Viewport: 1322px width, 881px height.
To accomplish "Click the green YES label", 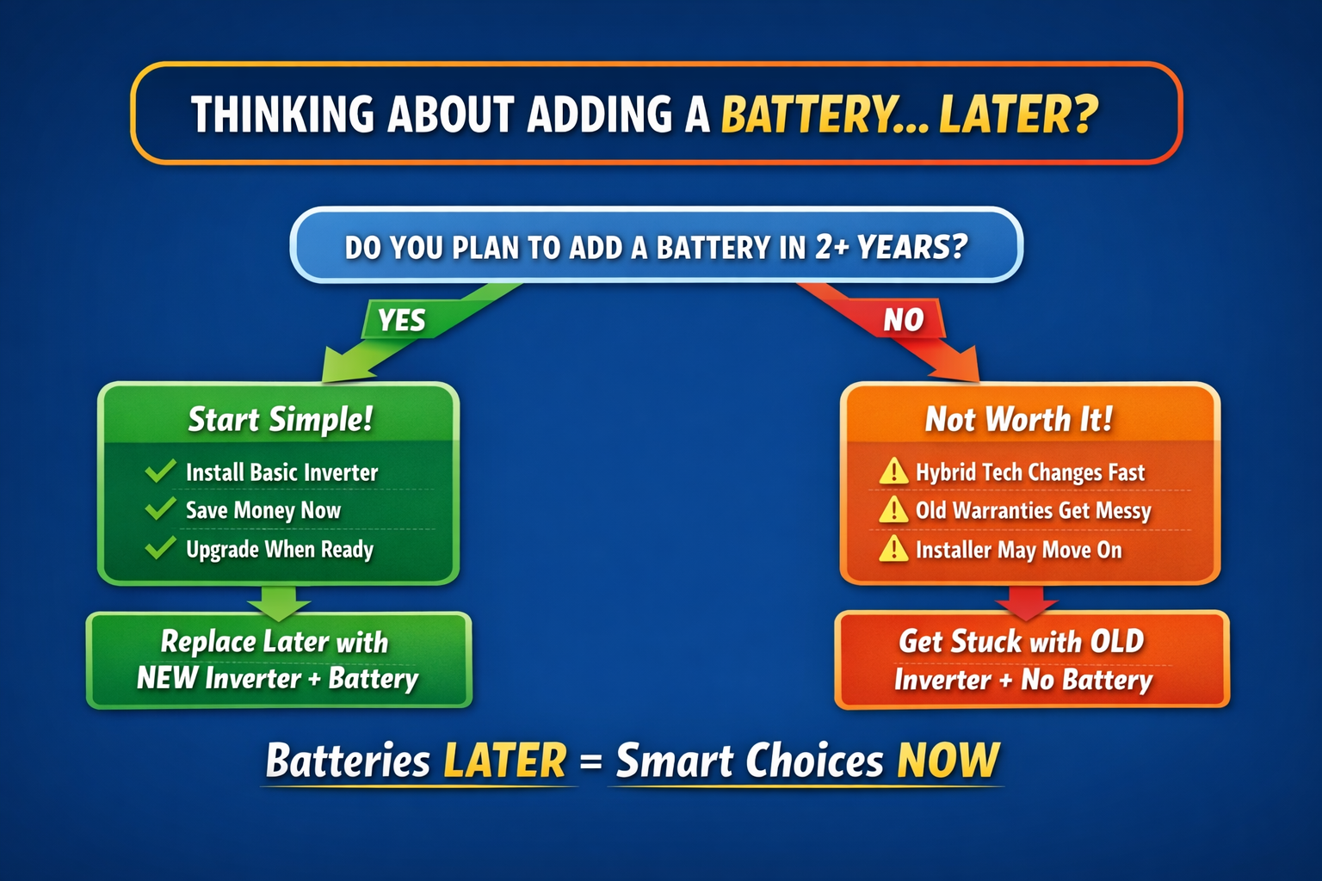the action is coord(402,320).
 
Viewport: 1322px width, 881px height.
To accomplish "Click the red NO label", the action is coord(904,320).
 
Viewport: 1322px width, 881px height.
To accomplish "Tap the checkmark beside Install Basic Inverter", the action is coord(160,471).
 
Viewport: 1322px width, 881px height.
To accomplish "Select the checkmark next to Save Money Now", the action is coord(160,508).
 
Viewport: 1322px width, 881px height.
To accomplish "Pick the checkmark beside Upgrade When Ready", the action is coord(160,547).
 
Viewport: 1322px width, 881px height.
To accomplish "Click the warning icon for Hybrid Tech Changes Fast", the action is coord(893,471).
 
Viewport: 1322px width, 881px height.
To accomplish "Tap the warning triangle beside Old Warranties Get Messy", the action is coord(893,510).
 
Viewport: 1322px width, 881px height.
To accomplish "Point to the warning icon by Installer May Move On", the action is coord(893,549).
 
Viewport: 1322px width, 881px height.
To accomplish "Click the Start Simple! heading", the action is coord(281,420).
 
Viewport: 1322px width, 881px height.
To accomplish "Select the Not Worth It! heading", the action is coord(1019,419).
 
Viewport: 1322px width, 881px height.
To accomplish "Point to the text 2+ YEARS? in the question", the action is coord(891,247).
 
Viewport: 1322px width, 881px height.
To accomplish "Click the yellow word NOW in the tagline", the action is coord(948,760).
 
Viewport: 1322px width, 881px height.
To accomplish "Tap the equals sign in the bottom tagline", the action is coord(590,761).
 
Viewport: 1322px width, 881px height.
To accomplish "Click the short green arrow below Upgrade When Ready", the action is coord(279,603).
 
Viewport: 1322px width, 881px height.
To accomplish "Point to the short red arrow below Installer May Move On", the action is coord(1026,603).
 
